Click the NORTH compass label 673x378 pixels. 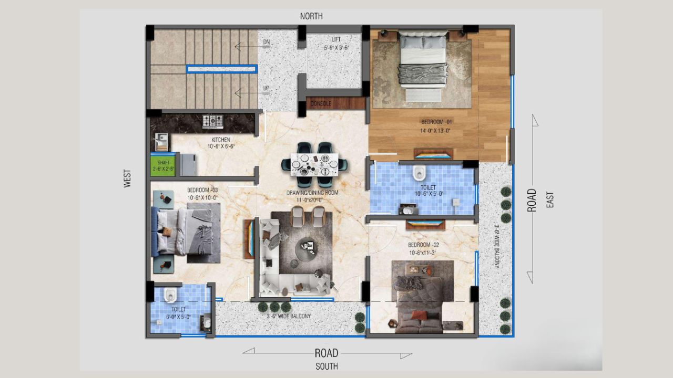311,16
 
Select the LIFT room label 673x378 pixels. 336,40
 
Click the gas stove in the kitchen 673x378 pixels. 213,121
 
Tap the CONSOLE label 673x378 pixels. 321,103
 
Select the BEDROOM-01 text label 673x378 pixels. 436,122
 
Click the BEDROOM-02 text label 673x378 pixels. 423,245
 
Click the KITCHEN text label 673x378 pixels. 221,140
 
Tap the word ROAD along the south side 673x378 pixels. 326,353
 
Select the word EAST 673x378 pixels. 550,199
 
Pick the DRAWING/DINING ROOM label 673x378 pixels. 312,193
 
